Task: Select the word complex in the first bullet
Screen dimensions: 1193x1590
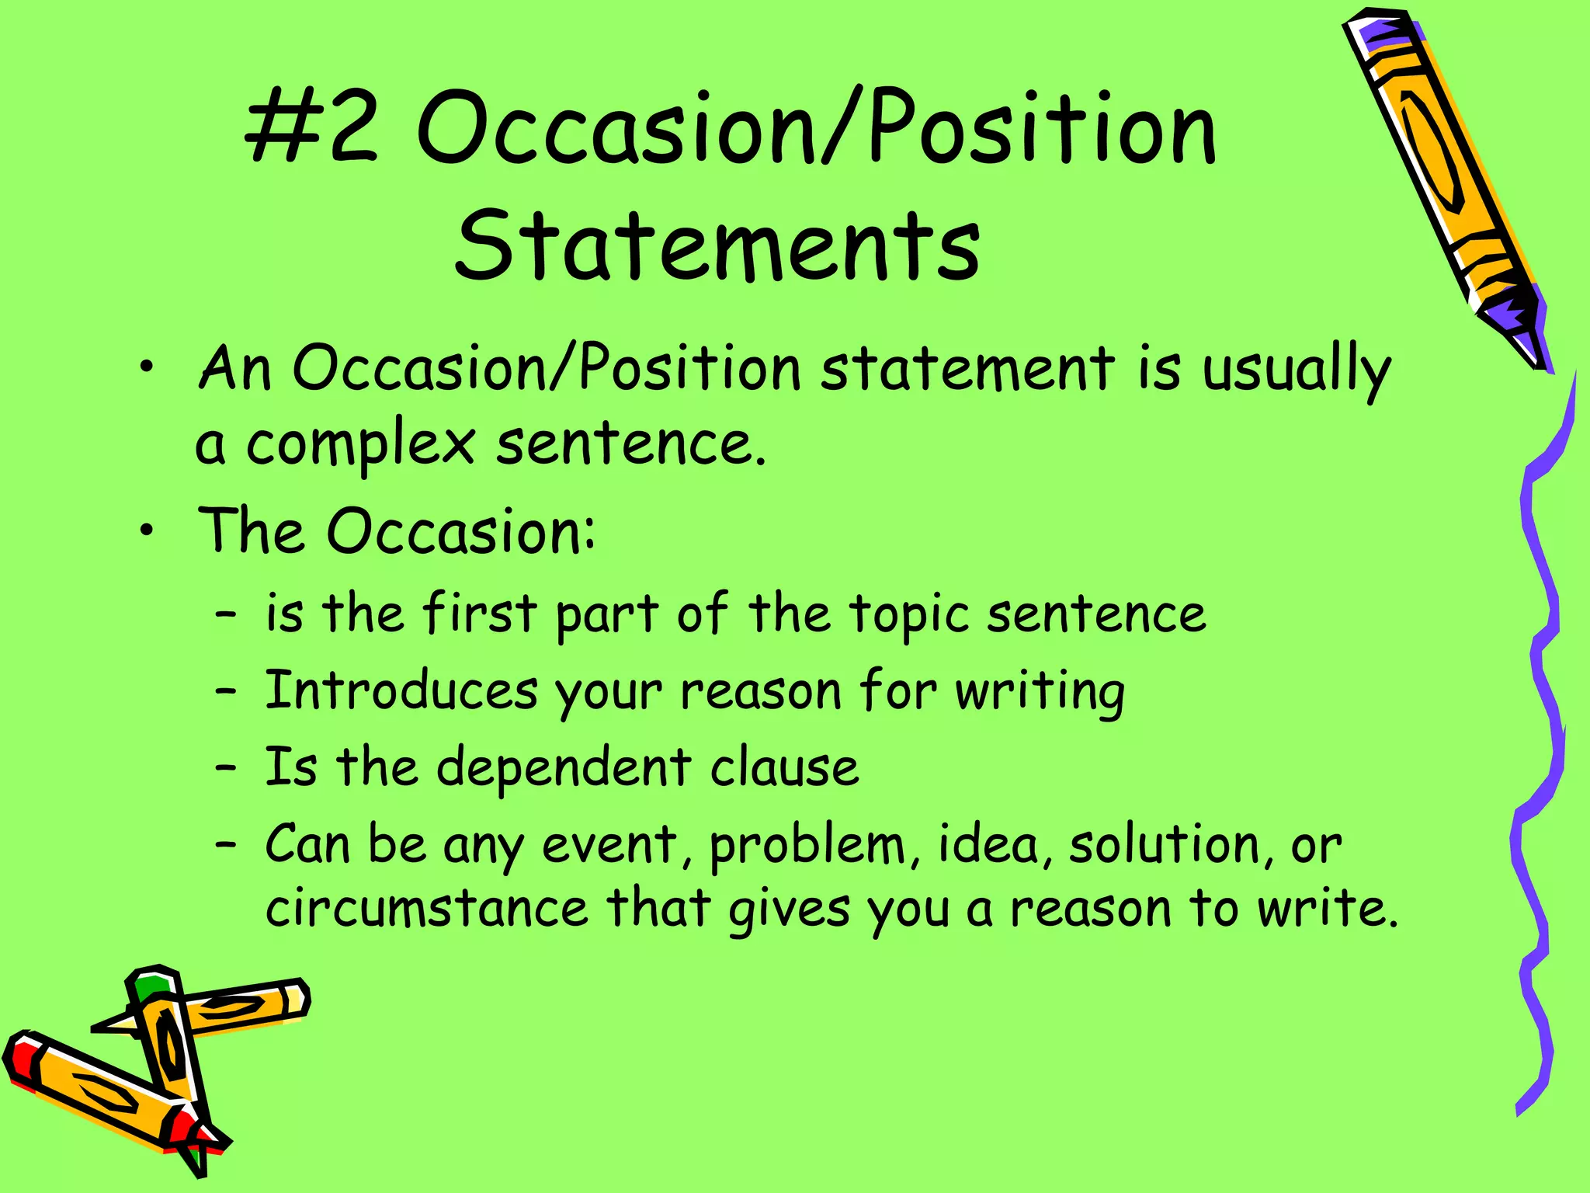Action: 360,444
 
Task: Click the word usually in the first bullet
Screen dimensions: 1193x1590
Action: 1296,370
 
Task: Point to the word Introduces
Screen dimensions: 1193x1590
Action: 401,690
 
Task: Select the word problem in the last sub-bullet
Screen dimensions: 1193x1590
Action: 807,845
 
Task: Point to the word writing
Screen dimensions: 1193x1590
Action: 1040,690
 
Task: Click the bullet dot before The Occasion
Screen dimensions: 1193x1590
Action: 147,531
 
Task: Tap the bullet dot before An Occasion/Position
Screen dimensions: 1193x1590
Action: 147,369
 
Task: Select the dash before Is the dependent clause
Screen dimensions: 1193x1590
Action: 225,767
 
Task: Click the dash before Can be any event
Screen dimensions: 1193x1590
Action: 225,844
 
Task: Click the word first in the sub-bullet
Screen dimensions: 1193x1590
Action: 479,614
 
